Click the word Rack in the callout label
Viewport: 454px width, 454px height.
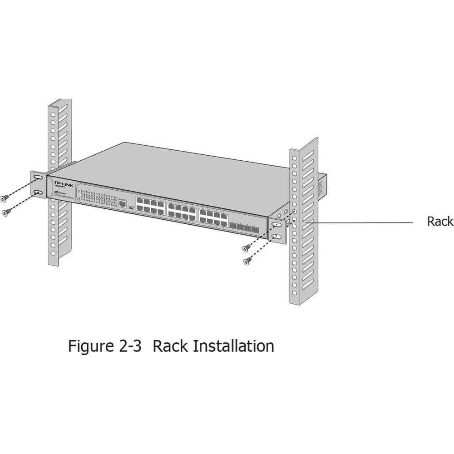click(x=440, y=221)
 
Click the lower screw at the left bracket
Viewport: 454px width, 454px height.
click(x=6, y=212)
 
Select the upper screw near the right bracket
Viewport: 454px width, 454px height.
click(x=246, y=248)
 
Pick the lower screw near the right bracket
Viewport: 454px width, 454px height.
click(x=247, y=261)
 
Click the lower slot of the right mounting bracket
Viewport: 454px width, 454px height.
click(x=276, y=237)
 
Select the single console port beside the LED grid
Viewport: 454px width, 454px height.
click(x=122, y=204)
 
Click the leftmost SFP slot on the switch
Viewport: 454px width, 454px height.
click(x=232, y=226)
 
